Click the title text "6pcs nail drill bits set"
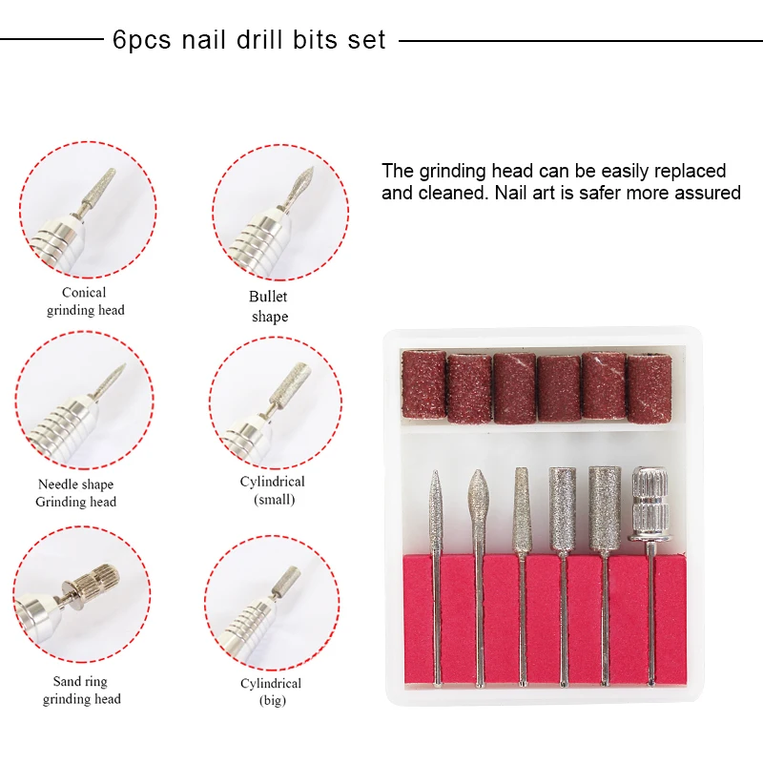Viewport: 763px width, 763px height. (249, 40)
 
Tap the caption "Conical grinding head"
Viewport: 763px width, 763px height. (85, 301)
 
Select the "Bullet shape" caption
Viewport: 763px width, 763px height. (269, 307)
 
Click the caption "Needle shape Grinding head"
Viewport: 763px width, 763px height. (75, 493)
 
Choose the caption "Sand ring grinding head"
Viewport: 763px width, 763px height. (81, 691)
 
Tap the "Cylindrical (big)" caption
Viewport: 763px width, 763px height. (271, 691)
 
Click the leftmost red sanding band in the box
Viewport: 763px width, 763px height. (422, 383)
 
